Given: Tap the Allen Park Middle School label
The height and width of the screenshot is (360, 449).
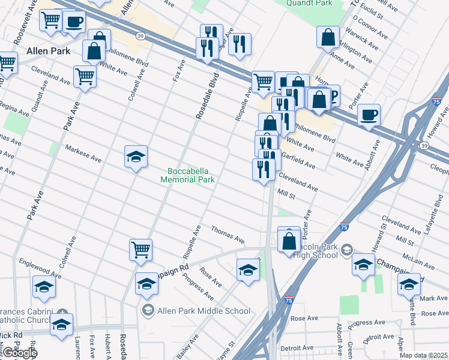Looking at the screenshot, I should [x=196, y=311].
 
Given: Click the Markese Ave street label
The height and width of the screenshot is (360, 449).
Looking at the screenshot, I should [x=83, y=155].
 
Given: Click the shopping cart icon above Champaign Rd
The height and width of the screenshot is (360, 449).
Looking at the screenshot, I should [x=140, y=250].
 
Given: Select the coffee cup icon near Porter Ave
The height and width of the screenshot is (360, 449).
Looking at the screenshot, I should [x=369, y=115].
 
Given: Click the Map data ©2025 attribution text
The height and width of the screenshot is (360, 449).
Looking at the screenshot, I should [x=424, y=355].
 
